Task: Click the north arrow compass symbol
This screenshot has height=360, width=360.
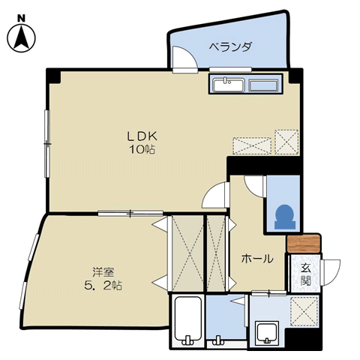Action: (21, 38)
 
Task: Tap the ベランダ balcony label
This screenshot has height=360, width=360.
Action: (230, 46)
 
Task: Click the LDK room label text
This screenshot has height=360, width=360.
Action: (142, 136)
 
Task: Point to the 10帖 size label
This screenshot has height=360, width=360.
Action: (142, 149)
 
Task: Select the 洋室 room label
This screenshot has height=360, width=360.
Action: (103, 272)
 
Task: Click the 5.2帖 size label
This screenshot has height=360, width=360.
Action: (103, 286)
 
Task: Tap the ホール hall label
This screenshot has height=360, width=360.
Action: (257, 259)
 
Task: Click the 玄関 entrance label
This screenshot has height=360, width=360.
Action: (305, 274)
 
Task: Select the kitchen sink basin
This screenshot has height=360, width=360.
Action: (229, 85)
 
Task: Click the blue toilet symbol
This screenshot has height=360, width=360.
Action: (285, 217)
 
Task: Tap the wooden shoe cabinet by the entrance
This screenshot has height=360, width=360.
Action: (304, 243)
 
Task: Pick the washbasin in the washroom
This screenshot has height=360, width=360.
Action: (267, 332)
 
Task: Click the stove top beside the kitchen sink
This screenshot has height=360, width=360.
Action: (263, 85)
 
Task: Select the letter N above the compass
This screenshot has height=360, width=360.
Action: (21, 18)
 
